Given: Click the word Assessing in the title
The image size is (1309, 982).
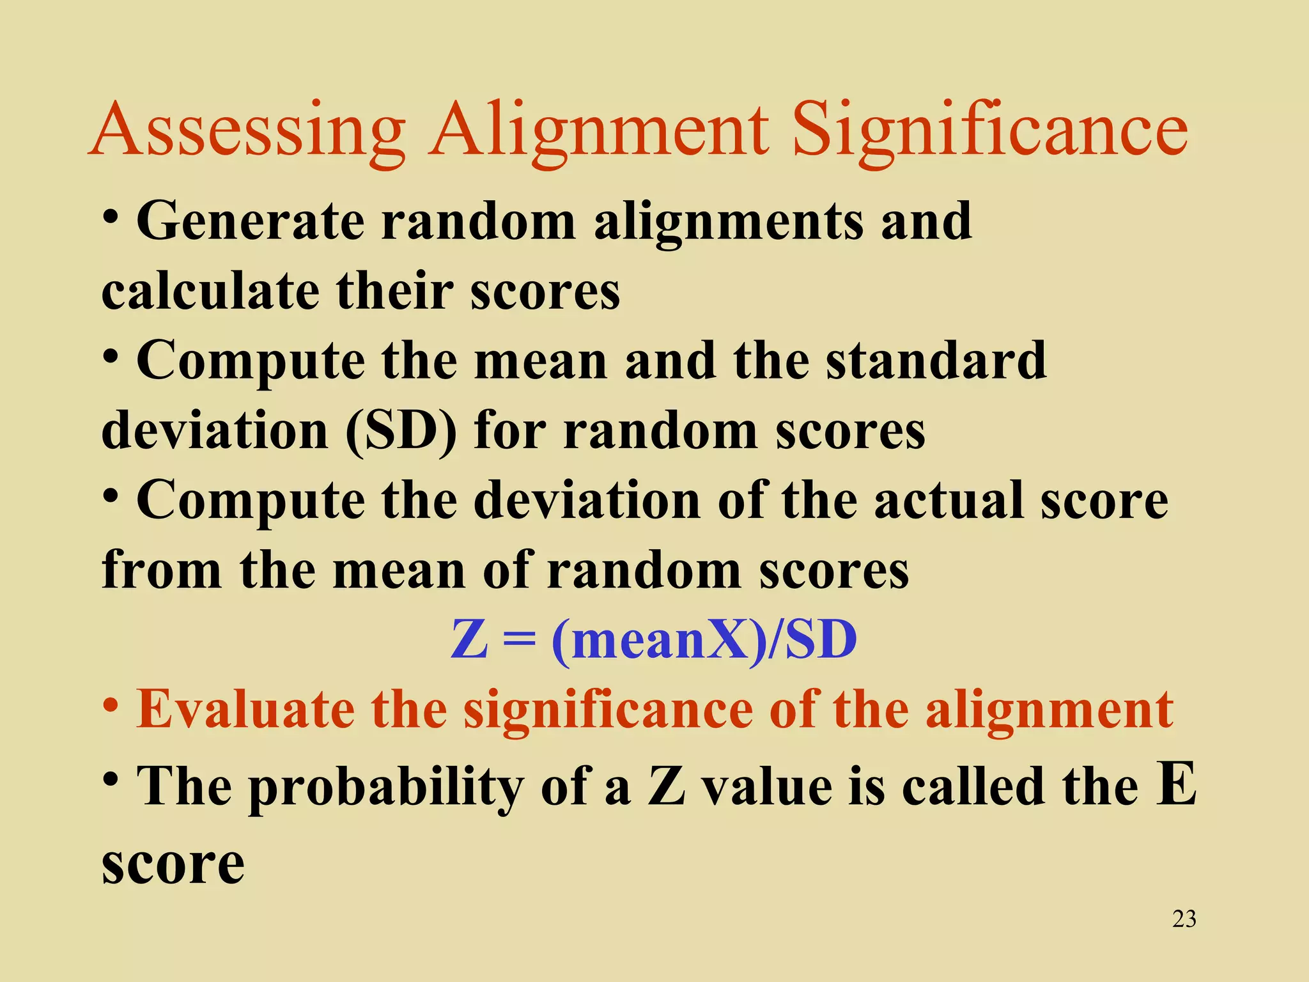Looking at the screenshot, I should tap(249, 131).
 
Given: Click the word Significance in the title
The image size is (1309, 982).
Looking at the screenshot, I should tap(990, 131).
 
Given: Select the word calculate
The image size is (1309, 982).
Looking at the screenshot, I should tap(210, 292).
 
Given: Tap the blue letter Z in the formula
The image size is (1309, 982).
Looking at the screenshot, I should tap(469, 640).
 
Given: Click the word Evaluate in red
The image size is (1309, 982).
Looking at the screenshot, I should tap(245, 710).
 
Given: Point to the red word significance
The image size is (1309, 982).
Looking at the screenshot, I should tap(608, 710).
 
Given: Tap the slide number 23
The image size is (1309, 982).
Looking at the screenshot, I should tap(1184, 919).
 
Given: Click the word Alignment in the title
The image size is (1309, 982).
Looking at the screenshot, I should tap(598, 131).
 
